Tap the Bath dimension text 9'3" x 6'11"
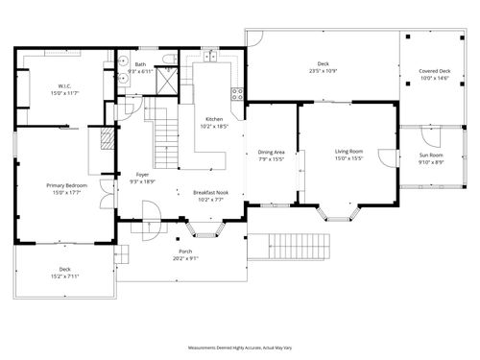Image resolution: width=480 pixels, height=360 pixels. point(140,72)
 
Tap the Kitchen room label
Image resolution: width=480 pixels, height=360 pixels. point(214,119)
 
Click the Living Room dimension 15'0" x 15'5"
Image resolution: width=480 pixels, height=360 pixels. point(348,158)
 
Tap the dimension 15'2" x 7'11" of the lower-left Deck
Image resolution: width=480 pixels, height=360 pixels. point(64,276)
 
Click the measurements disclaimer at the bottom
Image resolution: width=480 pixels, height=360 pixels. point(239,348)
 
